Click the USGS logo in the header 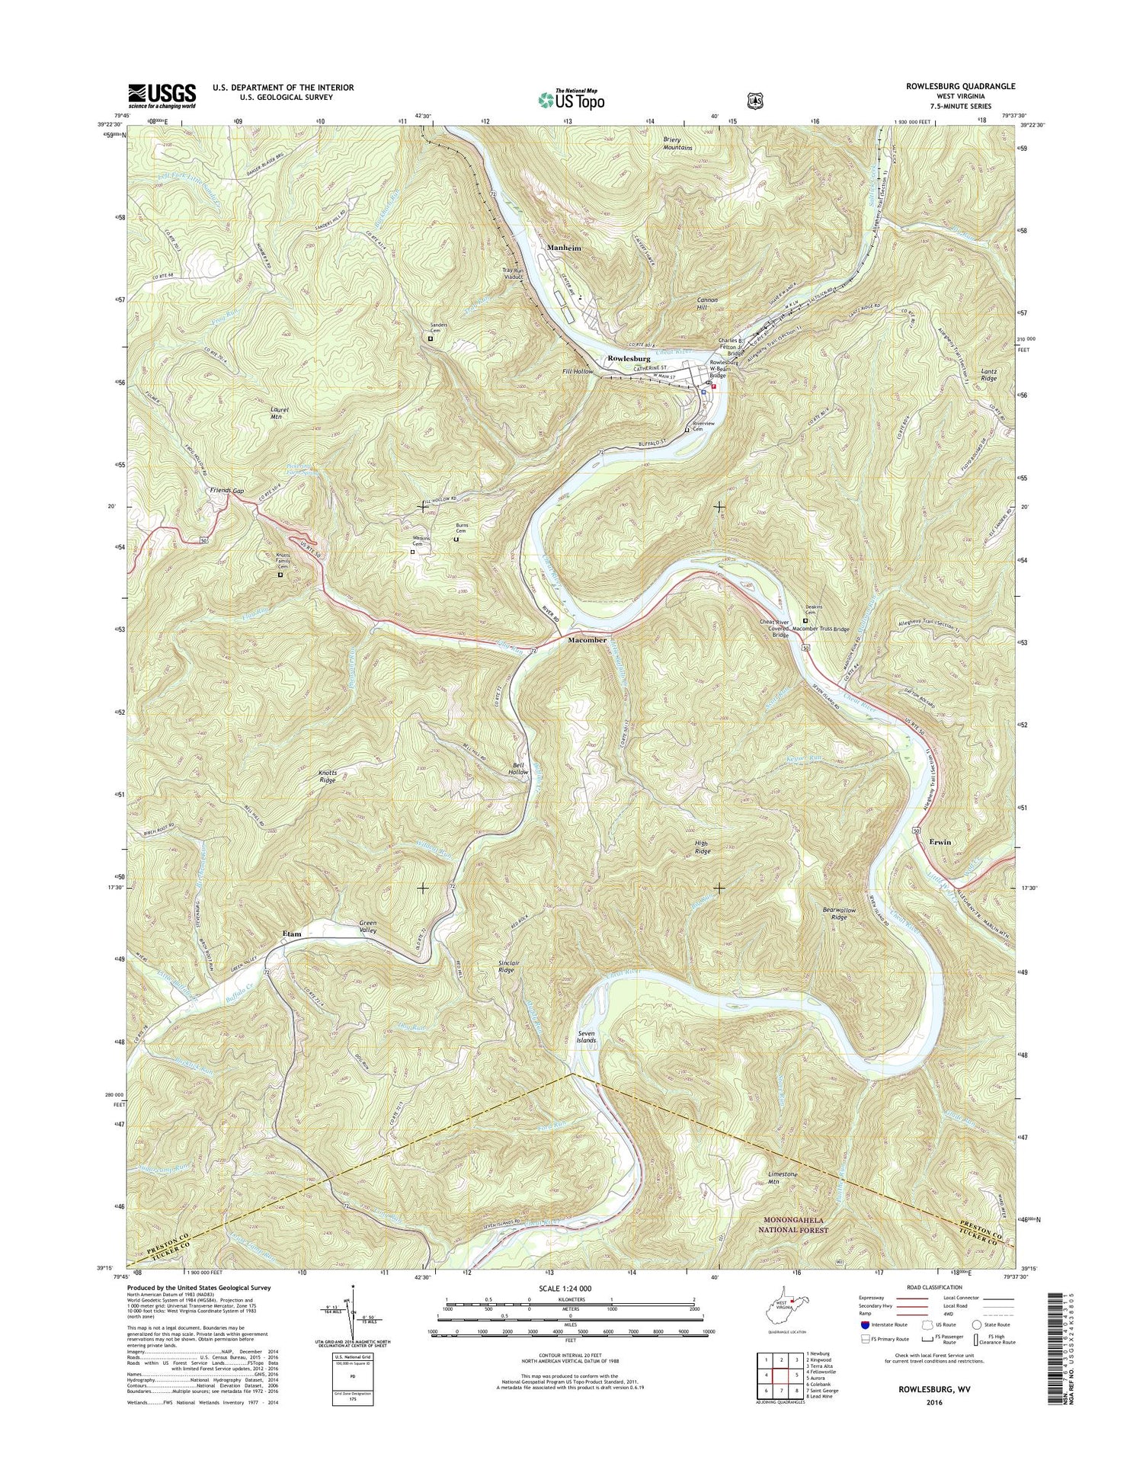[x=162, y=95]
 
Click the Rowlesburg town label [x=628, y=358]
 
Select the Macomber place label [x=587, y=641]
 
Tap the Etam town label [x=291, y=933]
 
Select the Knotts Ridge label [x=327, y=777]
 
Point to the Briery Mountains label [x=677, y=143]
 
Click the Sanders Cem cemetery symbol [x=431, y=338]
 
